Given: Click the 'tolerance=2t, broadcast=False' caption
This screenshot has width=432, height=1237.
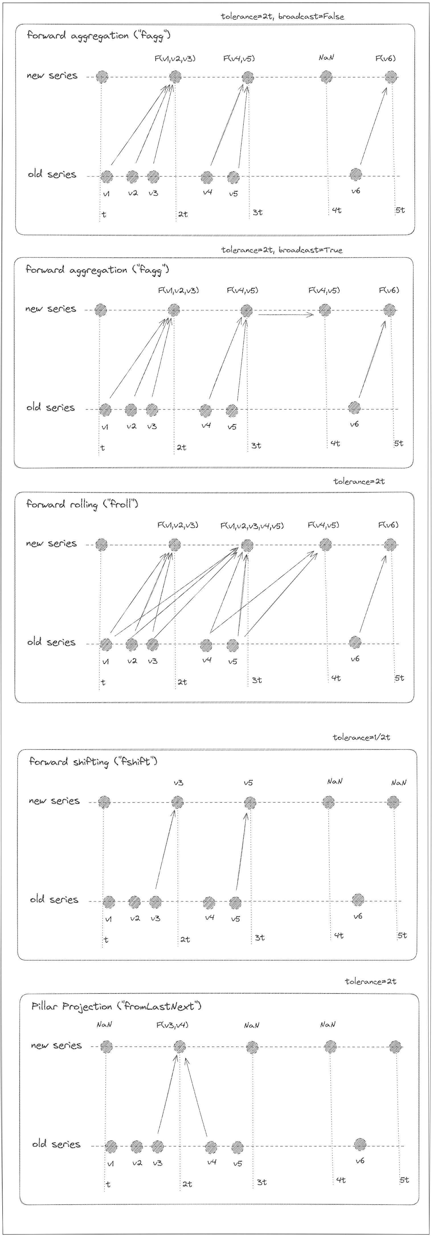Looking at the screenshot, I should pos(282,16).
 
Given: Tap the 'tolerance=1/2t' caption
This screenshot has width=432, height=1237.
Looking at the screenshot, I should pos(361,737).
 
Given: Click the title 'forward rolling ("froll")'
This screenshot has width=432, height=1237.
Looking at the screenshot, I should pos(82,504).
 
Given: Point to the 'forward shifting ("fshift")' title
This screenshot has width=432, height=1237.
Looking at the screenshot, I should pos(93,762).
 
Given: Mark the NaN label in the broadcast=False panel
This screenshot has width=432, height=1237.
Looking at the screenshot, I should pos(326,58).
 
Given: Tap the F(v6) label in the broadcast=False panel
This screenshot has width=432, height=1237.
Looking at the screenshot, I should pos(385,59).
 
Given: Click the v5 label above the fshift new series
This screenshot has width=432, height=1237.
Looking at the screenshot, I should pos(248,783).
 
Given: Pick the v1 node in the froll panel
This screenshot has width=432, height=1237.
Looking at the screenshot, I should pos(106,644).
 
